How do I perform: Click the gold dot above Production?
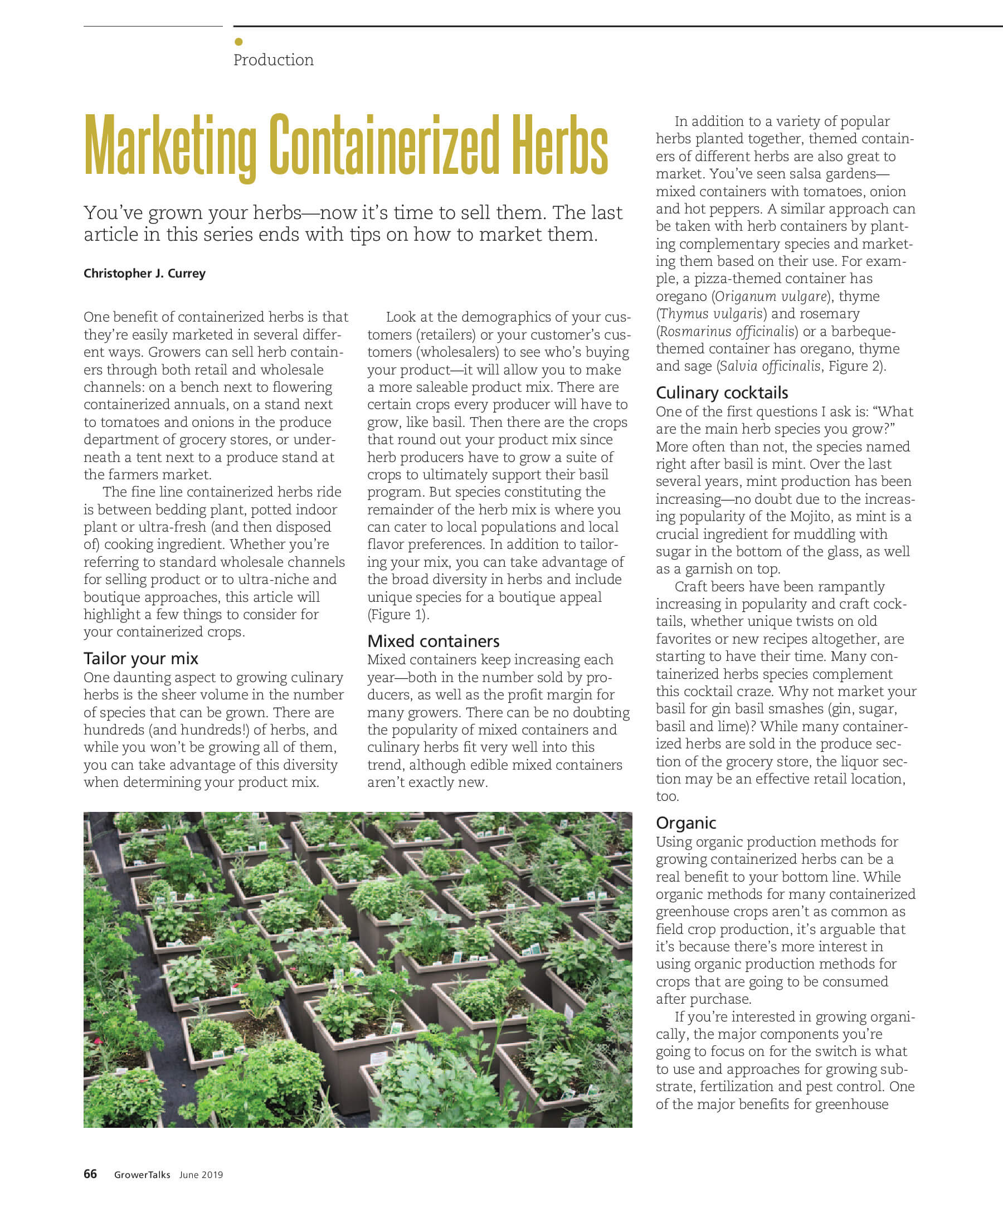(x=238, y=42)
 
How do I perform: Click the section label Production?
(x=273, y=60)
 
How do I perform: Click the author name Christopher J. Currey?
(x=144, y=274)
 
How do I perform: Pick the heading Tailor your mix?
(x=141, y=659)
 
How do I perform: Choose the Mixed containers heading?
(x=434, y=641)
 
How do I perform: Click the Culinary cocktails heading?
(x=722, y=393)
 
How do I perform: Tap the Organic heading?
(x=685, y=822)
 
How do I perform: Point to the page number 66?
(x=90, y=1174)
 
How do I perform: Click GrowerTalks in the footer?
(x=142, y=1175)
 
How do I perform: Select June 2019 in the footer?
(x=201, y=1175)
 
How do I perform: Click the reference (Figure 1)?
(x=398, y=615)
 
